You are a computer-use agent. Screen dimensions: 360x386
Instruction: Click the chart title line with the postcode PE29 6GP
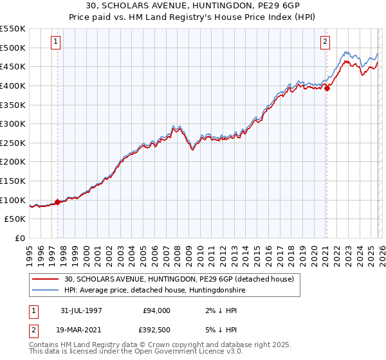coord(193,6)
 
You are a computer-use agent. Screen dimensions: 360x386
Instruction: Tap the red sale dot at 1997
coord(58,202)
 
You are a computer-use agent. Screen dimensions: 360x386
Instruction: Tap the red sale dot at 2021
coord(327,88)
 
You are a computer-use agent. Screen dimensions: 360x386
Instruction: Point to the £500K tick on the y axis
coord(14,48)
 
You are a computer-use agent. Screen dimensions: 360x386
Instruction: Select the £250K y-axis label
coord(14,143)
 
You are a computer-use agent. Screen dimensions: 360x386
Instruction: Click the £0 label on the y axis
coord(21,238)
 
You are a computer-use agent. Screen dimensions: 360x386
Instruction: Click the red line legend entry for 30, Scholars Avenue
coord(179,279)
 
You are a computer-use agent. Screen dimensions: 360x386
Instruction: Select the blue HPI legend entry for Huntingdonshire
coord(154,291)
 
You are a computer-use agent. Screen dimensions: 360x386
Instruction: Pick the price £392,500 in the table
coord(157,329)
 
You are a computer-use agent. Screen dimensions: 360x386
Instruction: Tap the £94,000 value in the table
coord(157,310)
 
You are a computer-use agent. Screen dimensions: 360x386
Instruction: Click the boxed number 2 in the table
coord(32,329)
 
